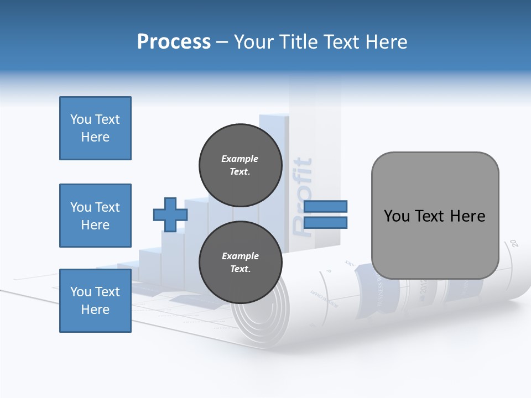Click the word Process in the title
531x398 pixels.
pyautogui.click(x=174, y=42)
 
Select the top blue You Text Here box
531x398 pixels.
pyautogui.click(x=95, y=128)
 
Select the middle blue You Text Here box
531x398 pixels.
pyautogui.click(x=95, y=216)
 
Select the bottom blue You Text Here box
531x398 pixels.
pyautogui.click(x=95, y=301)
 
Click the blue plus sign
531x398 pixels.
pyautogui.click(x=170, y=214)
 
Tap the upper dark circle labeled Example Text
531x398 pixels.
pyautogui.click(x=240, y=165)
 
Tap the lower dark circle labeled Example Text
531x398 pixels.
pyautogui.click(x=240, y=263)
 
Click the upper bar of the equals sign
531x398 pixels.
pyautogui.click(x=325, y=206)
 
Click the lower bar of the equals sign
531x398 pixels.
pyautogui.click(x=325, y=223)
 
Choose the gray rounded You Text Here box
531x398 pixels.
pyautogui.click(x=435, y=216)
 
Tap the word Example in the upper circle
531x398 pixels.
pyautogui.click(x=240, y=159)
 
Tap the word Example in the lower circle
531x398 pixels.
pyautogui.click(x=240, y=256)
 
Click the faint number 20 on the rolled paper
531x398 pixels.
pyautogui.click(x=514, y=243)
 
